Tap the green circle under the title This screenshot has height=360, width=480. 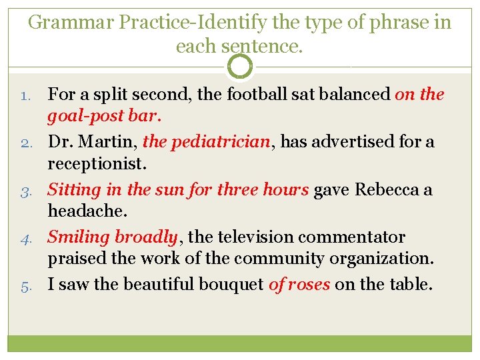[240, 67]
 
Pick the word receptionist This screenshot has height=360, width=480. [95, 164]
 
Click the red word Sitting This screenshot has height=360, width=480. [75, 189]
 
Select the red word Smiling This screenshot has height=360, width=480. [78, 237]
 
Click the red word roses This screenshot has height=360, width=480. [308, 285]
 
